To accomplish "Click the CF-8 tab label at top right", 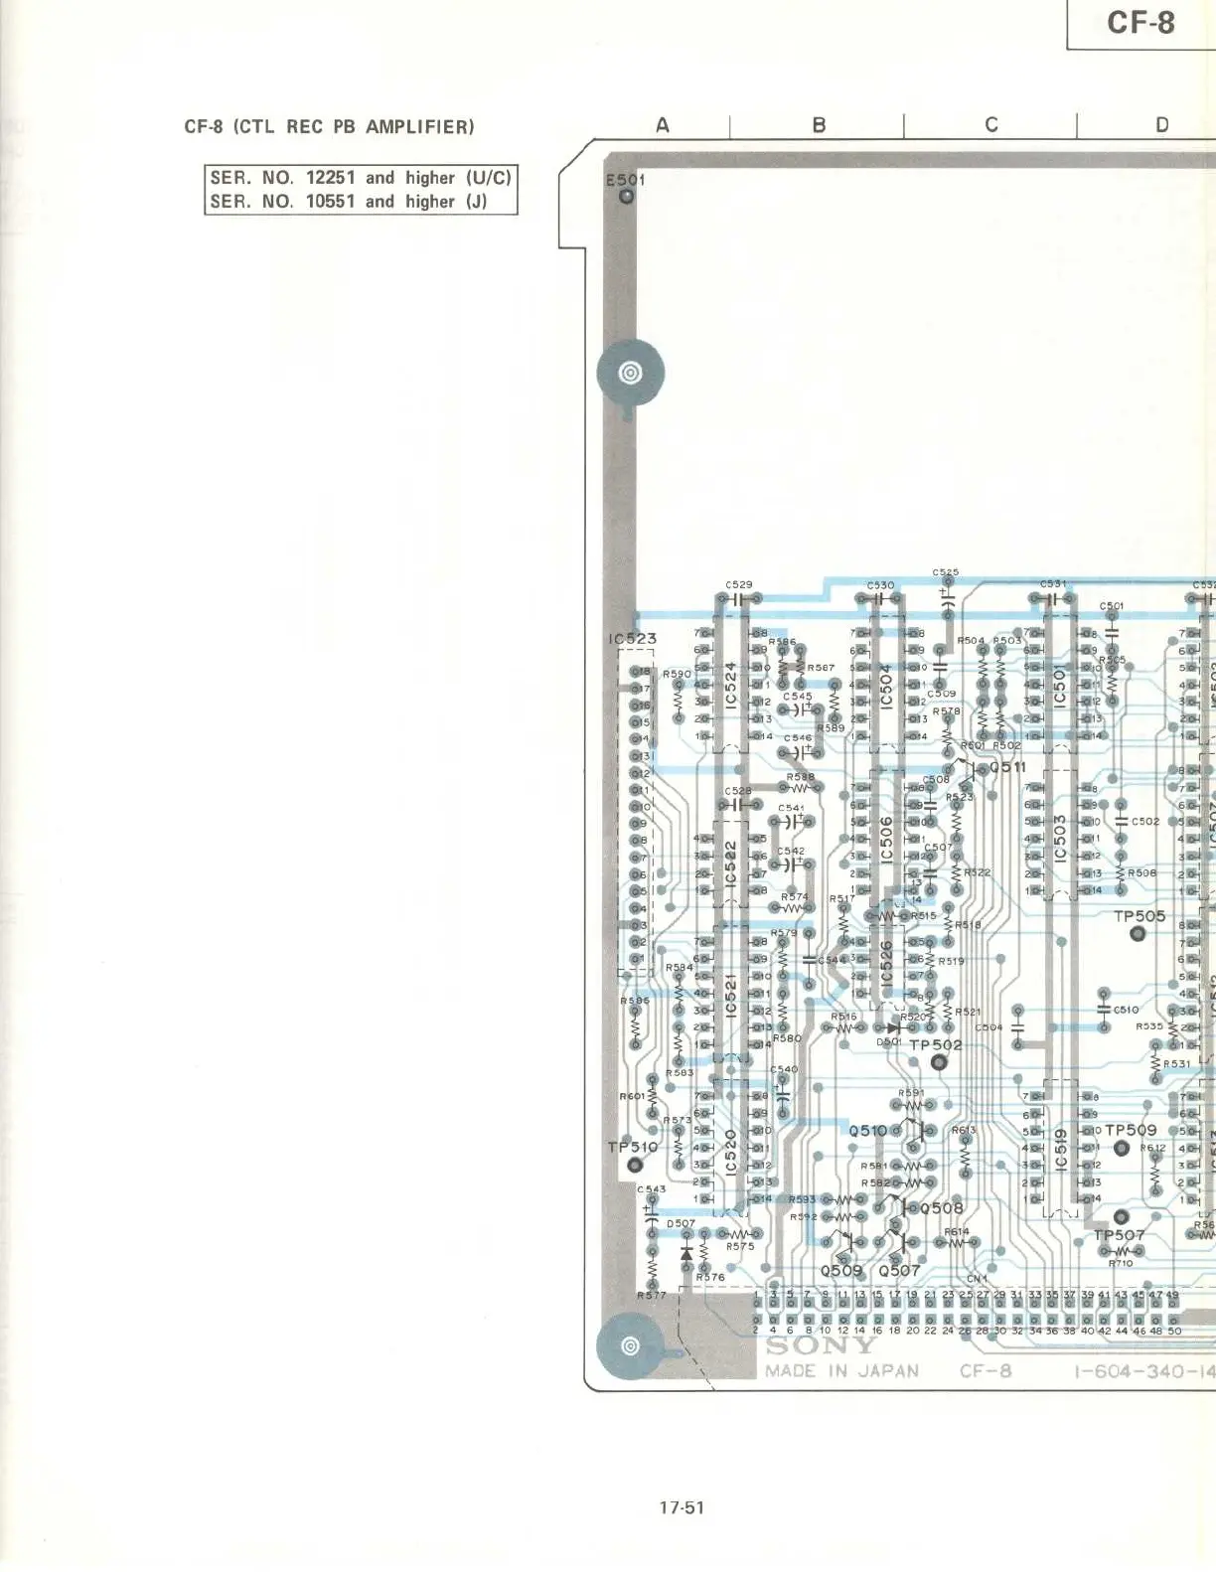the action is [x=1140, y=23].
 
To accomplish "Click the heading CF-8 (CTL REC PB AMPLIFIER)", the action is [x=329, y=127].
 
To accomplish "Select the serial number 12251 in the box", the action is [x=330, y=178].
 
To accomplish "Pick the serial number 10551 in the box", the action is [x=330, y=202].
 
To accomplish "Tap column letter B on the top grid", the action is [x=819, y=125].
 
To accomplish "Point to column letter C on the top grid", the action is [x=990, y=125].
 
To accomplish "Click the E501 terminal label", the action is [x=625, y=180].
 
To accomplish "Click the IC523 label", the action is [x=632, y=639].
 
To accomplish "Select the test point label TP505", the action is [x=1139, y=916].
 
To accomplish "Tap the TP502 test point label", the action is [x=935, y=1045].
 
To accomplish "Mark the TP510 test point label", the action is [x=632, y=1147].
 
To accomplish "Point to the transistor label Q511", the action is [x=1006, y=767].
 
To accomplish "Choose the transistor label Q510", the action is [x=867, y=1131].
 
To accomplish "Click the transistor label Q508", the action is [x=942, y=1208].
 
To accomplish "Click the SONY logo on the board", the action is [x=821, y=1346].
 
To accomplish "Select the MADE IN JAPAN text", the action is [x=841, y=1371].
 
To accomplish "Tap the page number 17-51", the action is [x=681, y=1507].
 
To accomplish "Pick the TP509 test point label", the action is [x=1131, y=1131].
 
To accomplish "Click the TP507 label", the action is [x=1119, y=1236].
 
